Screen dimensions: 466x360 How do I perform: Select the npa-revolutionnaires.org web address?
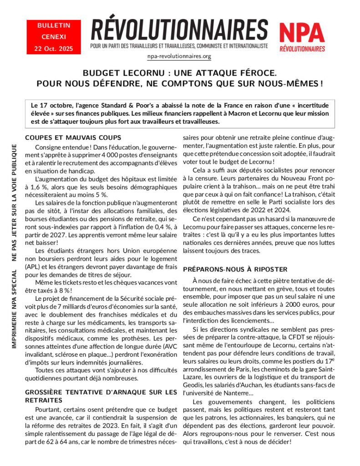179,56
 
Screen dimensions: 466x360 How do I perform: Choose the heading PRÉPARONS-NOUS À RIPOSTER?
235,269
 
